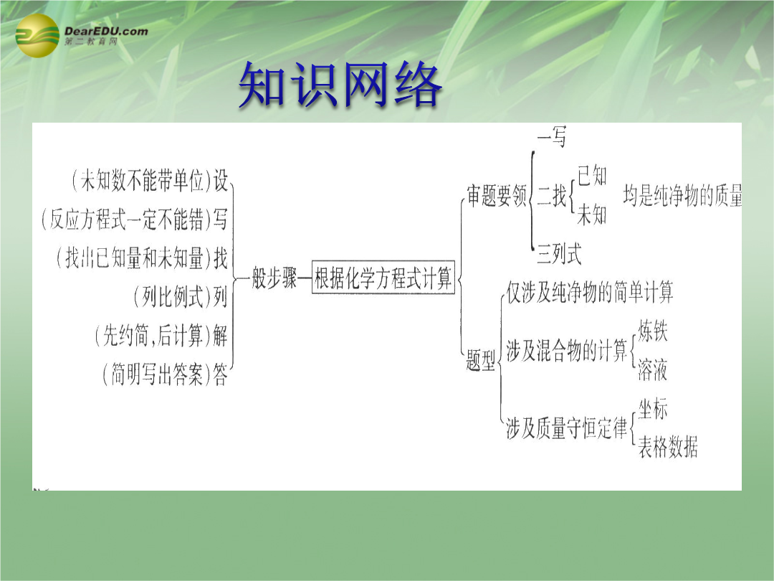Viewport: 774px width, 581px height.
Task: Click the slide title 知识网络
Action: pyautogui.click(x=340, y=85)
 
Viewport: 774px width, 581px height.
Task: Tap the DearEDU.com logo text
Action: pyautogui.click(x=106, y=31)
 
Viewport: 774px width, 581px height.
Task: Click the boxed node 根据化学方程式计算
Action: pyautogui.click(x=383, y=278)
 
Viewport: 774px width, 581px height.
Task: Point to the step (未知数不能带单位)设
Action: pyautogui.click(x=150, y=180)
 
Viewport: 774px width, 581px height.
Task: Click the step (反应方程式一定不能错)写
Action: pyautogui.click(x=134, y=219)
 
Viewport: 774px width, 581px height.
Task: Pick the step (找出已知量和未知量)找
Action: pyautogui.click(x=142, y=258)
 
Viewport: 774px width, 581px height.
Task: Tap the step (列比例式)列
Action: pyautogui.click(x=180, y=296)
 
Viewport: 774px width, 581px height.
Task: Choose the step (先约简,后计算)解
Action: pyautogui.click(x=161, y=336)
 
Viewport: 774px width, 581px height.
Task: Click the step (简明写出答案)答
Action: pyautogui.click(x=165, y=374)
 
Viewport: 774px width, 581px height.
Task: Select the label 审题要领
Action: pyautogui.click(x=497, y=196)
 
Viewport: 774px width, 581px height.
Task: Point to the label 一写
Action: pyautogui.click(x=552, y=136)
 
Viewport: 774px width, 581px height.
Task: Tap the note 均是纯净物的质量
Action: pyautogui.click(x=682, y=196)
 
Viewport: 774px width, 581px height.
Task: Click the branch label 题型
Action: pyautogui.click(x=481, y=360)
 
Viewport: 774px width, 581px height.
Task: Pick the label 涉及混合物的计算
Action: pyautogui.click(x=567, y=350)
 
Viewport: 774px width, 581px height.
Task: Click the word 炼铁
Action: pyautogui.click(x=653, y=331)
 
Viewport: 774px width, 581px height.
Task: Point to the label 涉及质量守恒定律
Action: pyautogui.click(x=567, y=428)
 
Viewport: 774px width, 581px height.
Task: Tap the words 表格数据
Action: pyautogui.click(x=668, y=447)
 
